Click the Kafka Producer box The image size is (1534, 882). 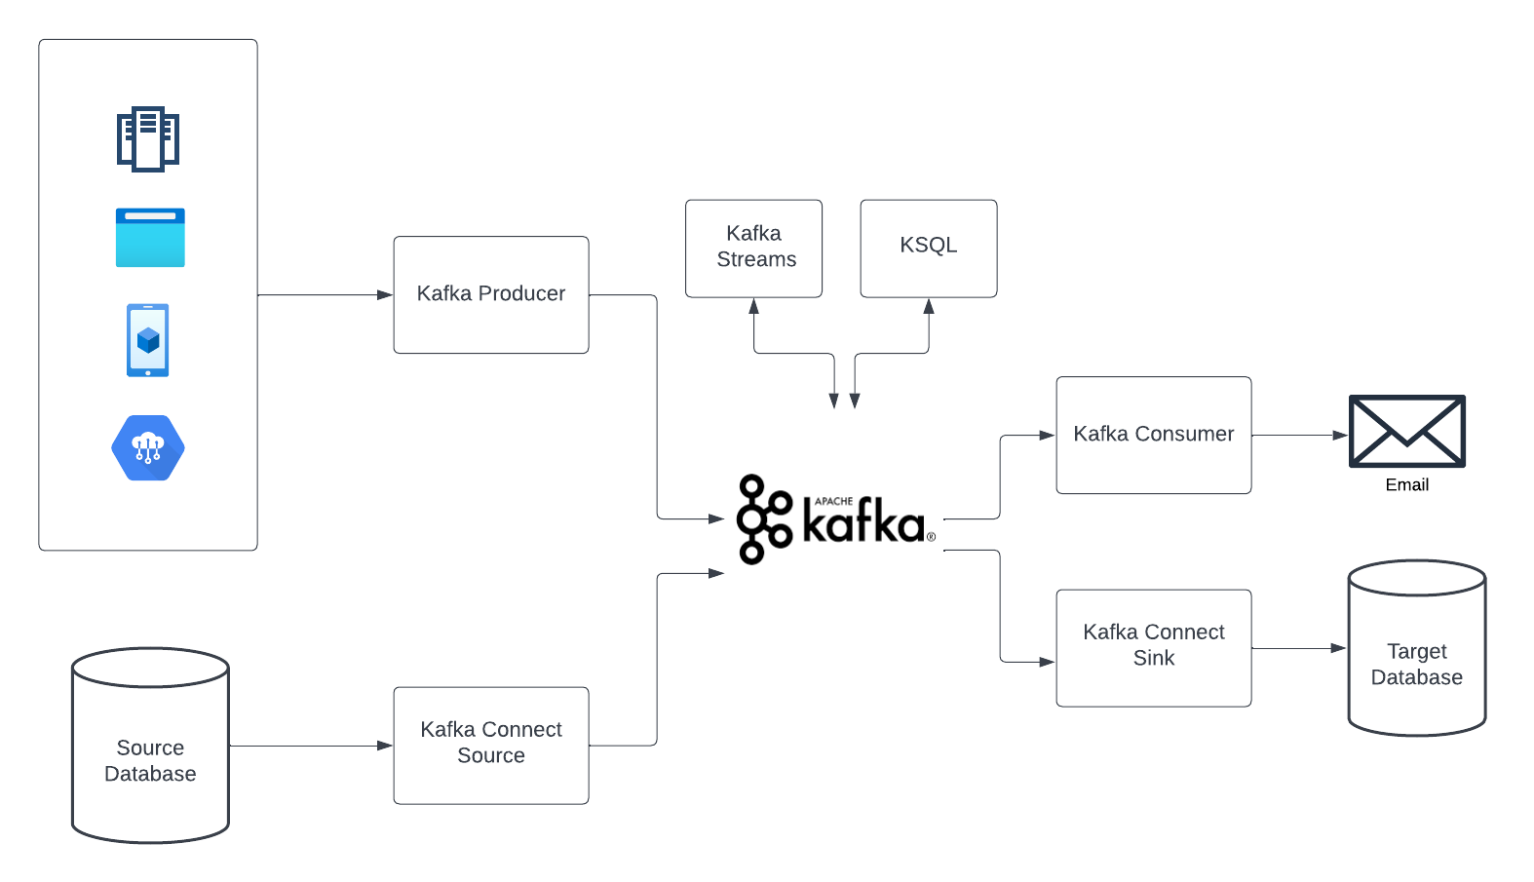(490, 294)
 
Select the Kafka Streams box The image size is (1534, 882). (753, 248)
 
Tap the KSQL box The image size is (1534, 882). (928, 248)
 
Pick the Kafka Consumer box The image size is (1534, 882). (1153, 435)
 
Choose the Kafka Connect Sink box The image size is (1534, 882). (1153, 647)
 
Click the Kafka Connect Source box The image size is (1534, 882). (490, 745)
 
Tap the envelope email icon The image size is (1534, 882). (1406, 431)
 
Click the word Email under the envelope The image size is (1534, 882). (1406, 485)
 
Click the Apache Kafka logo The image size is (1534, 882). (834, 519)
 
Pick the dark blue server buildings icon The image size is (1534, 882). (148, 138)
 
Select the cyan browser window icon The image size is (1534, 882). (150, 238)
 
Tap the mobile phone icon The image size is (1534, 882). (148, 340)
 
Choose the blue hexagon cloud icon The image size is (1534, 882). (148, 447)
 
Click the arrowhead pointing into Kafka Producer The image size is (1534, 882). (385, 294)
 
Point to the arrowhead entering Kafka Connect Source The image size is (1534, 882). (385, 746)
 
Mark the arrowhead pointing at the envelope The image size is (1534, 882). (1340, 435)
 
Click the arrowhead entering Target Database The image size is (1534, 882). (1338, 648)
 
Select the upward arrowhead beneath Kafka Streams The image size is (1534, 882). (753, 306)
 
